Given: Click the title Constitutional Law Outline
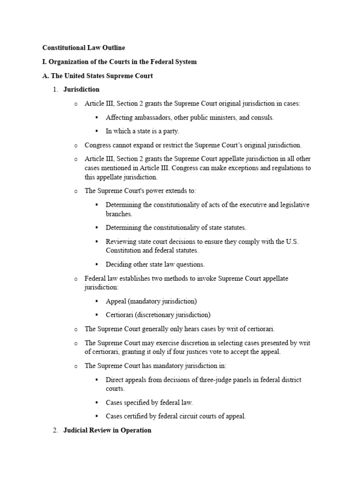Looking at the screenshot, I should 83,48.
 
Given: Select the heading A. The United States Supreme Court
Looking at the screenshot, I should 97,76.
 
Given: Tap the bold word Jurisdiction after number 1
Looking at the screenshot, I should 81,90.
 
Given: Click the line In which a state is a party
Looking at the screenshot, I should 142,131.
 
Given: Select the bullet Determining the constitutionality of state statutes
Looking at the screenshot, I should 176,228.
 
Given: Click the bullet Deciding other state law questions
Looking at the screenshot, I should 155,264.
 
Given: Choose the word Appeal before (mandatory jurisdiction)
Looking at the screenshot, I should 116,301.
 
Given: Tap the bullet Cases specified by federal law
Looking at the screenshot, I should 149,403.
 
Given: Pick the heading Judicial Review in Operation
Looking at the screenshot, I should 107,430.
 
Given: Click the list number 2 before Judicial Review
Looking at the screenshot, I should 54,430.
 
